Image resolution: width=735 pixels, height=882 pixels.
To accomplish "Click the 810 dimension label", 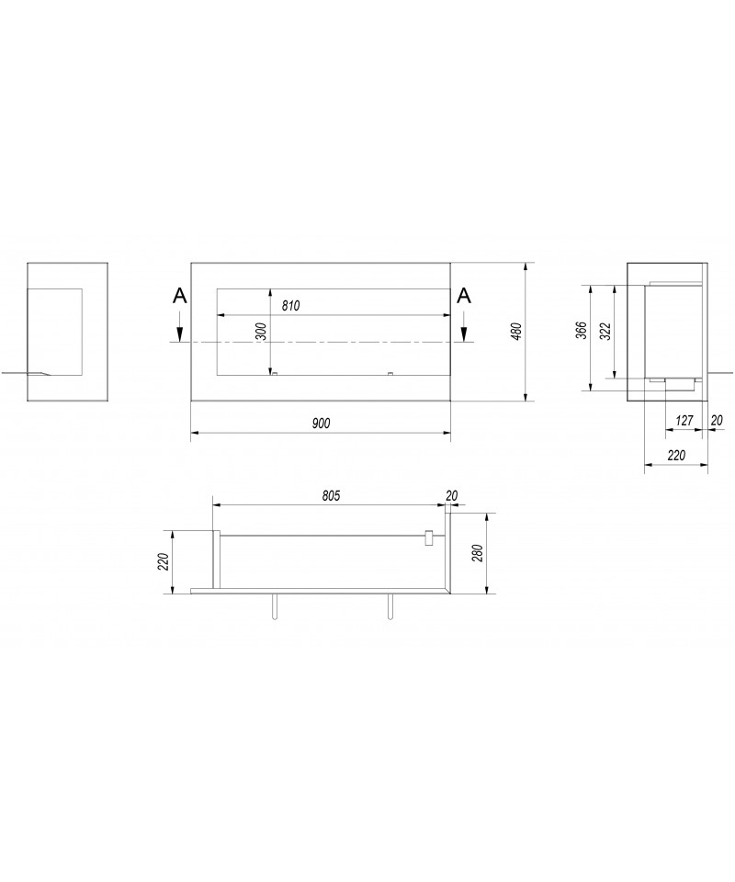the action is pyautogui.click(x=290, y=306).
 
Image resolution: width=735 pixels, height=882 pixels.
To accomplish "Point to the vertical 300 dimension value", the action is pyautogui.click(x=260, y=332).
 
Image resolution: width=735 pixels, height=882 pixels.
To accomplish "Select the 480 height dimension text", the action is pyautogui.click(x=517, y=331).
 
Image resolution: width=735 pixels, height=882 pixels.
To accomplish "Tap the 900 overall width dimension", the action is pyautogui.click(x=322, y=423).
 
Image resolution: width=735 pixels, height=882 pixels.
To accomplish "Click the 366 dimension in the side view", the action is pyautogui.click(x=582, y=330).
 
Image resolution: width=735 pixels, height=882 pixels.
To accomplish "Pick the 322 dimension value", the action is pyautogui.click(x=605, y=332).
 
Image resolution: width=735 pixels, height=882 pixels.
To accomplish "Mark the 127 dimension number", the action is pyautogui.click(x=684, y=420).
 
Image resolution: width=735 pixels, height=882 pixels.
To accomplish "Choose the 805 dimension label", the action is pyautogui.click(x=331, y=495).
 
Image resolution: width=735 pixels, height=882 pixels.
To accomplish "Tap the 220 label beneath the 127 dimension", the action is pyautogui.click(x=676, y=455).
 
